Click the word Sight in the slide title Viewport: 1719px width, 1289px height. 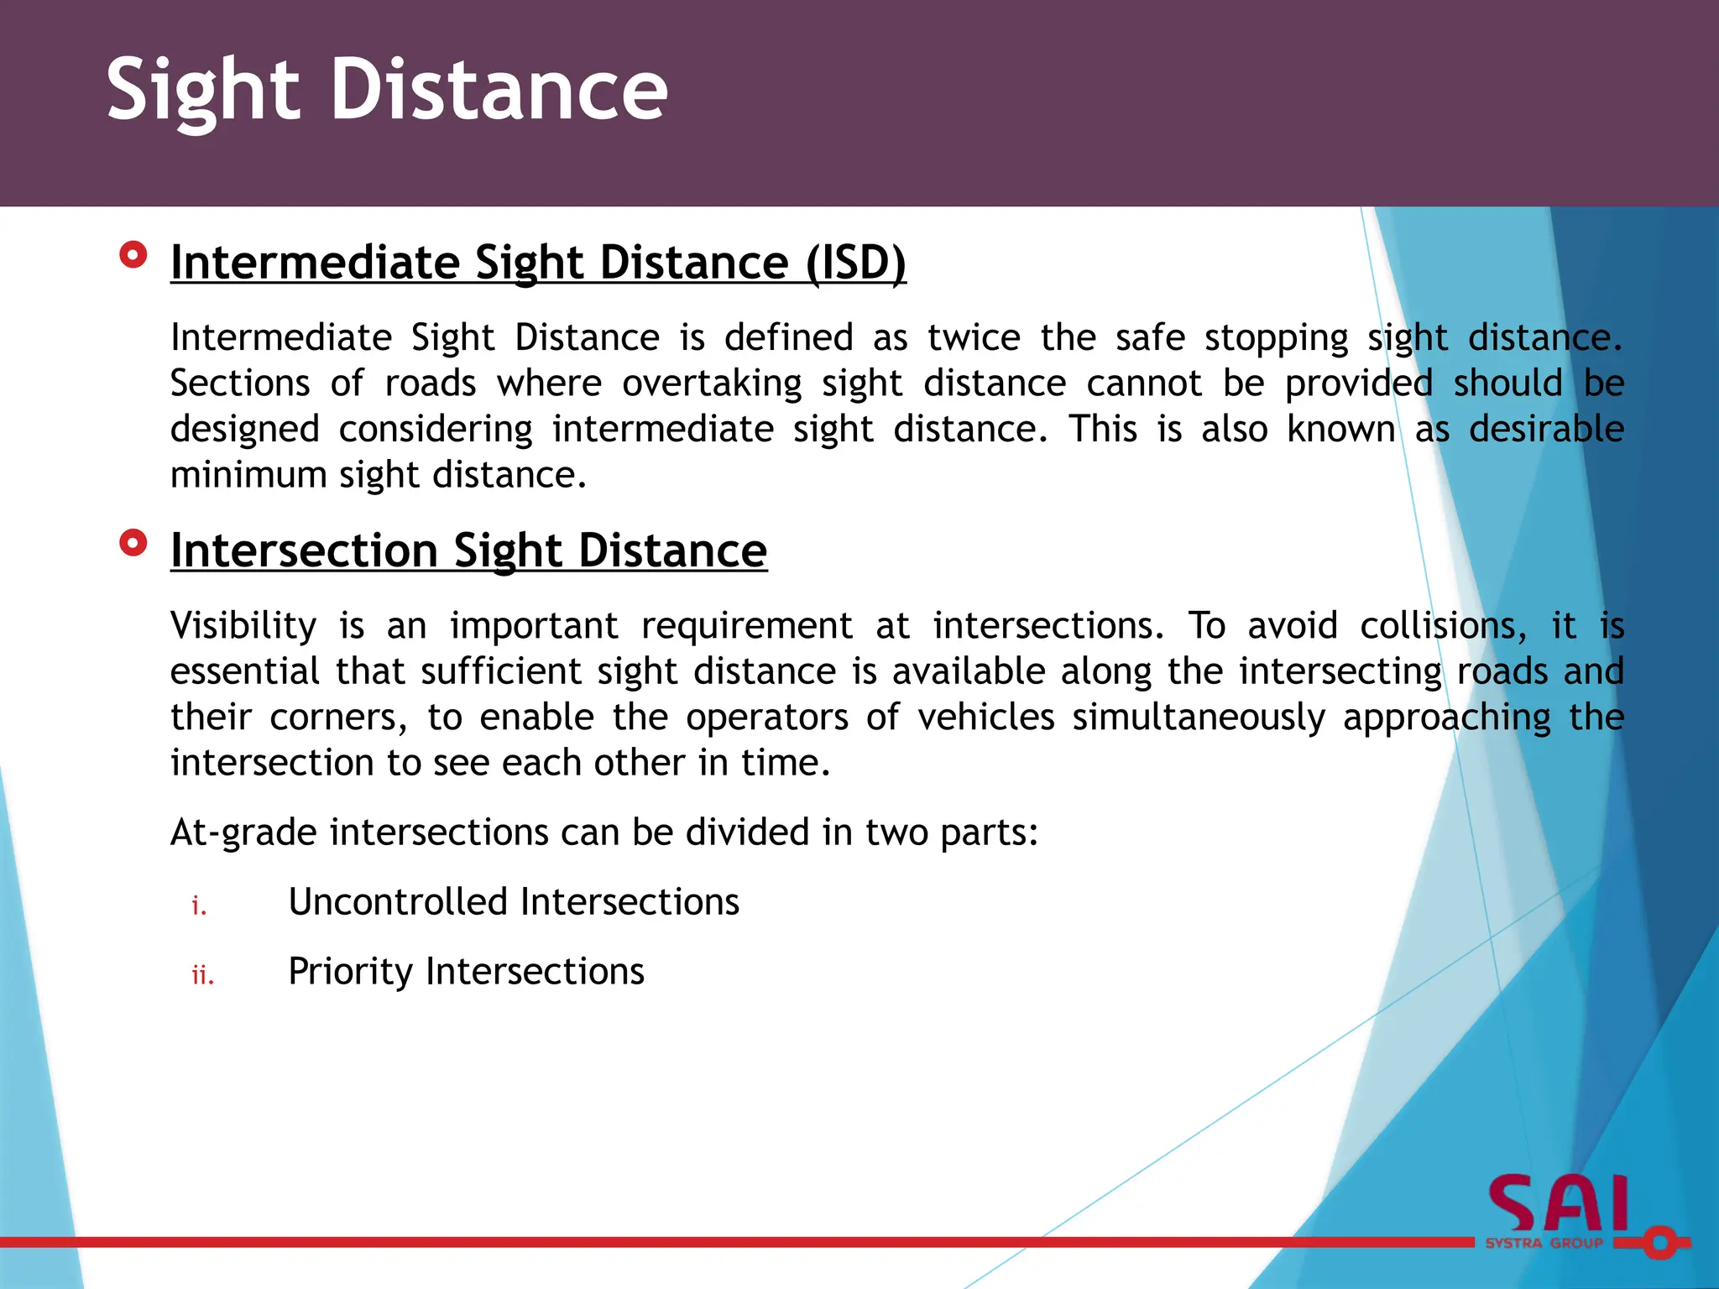coord(202,91)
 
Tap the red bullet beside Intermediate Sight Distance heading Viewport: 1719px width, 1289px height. coord(133,254)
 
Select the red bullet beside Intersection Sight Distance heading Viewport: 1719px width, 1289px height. coord(133,543)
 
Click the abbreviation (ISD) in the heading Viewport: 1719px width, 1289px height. coord(855,263)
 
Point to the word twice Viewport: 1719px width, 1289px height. coord(974,337)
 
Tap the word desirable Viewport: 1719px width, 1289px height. coord(1545,429)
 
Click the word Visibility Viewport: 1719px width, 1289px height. coord(243,626)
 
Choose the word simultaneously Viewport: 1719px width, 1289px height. coord(1198,718)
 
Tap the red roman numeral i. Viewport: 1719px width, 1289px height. coord(199,905)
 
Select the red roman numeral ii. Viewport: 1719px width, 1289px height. coord(202,975)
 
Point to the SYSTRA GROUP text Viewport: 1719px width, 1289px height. coord(1544,1243)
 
